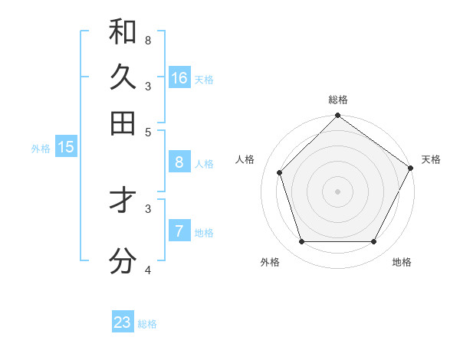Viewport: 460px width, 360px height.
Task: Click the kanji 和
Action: click(123, 31)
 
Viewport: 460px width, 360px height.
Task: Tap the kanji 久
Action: click(123, 77)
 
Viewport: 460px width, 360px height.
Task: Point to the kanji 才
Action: click(123, 201)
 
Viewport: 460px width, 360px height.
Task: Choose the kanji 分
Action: click(123, 261)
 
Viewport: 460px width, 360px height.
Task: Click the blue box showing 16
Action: click(179, 78)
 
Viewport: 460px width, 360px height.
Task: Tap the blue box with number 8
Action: click(179, 162)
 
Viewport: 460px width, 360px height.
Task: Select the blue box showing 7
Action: click(179, 231)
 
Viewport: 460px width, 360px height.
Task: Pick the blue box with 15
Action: click(66, 147)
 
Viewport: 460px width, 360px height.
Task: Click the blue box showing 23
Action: click(123, 322)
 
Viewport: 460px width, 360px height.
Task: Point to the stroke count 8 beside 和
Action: click(147, 40)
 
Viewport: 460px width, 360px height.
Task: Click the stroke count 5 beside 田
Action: click(147, 131)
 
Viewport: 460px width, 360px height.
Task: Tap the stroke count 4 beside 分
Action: click(147, 270)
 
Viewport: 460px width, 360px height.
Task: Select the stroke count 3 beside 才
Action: click(147, 208)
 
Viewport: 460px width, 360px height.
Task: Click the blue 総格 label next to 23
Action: click(147, 324)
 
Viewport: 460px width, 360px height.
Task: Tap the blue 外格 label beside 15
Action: click(41, 149)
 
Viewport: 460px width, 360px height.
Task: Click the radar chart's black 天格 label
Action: click(431, 159)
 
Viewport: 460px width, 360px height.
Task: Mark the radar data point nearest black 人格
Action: click(280, 172)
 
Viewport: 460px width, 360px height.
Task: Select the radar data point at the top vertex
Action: click(337, 116)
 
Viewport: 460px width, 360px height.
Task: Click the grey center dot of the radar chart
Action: click(337, 191)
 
